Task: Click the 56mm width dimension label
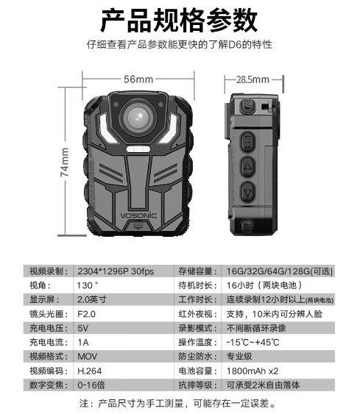(138, 79)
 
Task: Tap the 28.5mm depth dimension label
(253, 79)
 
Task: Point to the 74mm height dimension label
(65, 162)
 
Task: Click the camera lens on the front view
(138, 117)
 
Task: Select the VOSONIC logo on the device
(138, 215)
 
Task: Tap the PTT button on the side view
(247, 143)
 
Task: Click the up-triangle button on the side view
(247, 167)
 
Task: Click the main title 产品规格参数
(179, 21)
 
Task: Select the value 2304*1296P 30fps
(116, 271)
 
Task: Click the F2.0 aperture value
(86, 314)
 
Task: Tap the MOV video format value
(87, 357)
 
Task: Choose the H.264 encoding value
(89, 371)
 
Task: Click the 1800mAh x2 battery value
(253, 371)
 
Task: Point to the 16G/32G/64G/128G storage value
(280, 271)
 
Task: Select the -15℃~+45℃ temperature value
(253, 343)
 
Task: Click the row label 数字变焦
(46, 385)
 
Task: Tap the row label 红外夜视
(195, 314)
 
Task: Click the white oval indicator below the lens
(138, 149)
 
